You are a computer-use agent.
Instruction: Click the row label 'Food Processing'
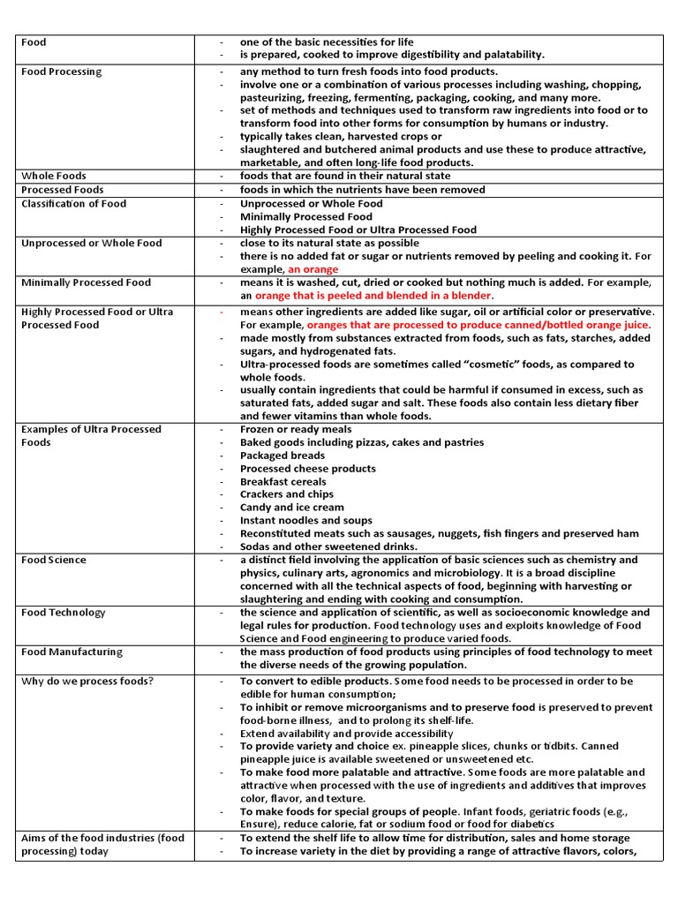[x=61, y=72]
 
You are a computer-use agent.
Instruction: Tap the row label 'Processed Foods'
[x=62, y=190]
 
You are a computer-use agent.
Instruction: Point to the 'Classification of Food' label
[x=73, y=203]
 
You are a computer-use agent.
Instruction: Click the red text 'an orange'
[x=313, y=269]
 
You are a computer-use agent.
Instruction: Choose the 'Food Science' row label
[x=54, y=560]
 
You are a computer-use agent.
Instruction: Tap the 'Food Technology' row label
[x=63, y=613]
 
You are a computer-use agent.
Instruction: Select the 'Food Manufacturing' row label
[x=72, y=652]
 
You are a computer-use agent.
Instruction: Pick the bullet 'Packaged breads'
[x=282, y=456]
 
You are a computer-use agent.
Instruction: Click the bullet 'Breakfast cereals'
[x=283, y=482]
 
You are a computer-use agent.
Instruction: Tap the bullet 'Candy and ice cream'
[x=292, y=508]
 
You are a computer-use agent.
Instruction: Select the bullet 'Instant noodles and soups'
[x=306, y=521]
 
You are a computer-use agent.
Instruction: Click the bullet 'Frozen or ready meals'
[x=296, y=429]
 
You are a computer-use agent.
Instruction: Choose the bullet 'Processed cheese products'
[x=308, y=469]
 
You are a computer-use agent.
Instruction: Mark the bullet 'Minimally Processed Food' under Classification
[x=306, y=216]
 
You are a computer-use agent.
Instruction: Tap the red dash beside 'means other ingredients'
[x=222, y=312]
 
